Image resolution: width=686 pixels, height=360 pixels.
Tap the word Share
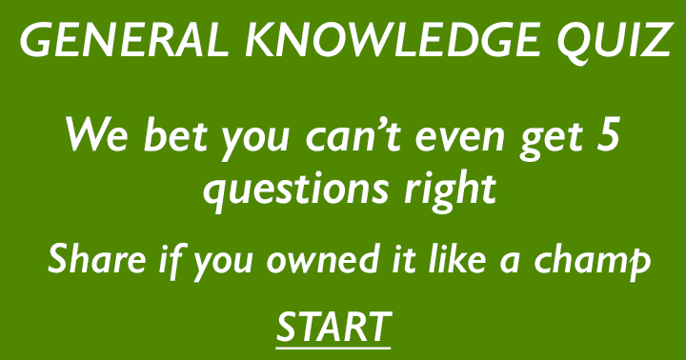coord(89,259)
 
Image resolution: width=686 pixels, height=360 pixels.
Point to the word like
coord(451,259)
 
